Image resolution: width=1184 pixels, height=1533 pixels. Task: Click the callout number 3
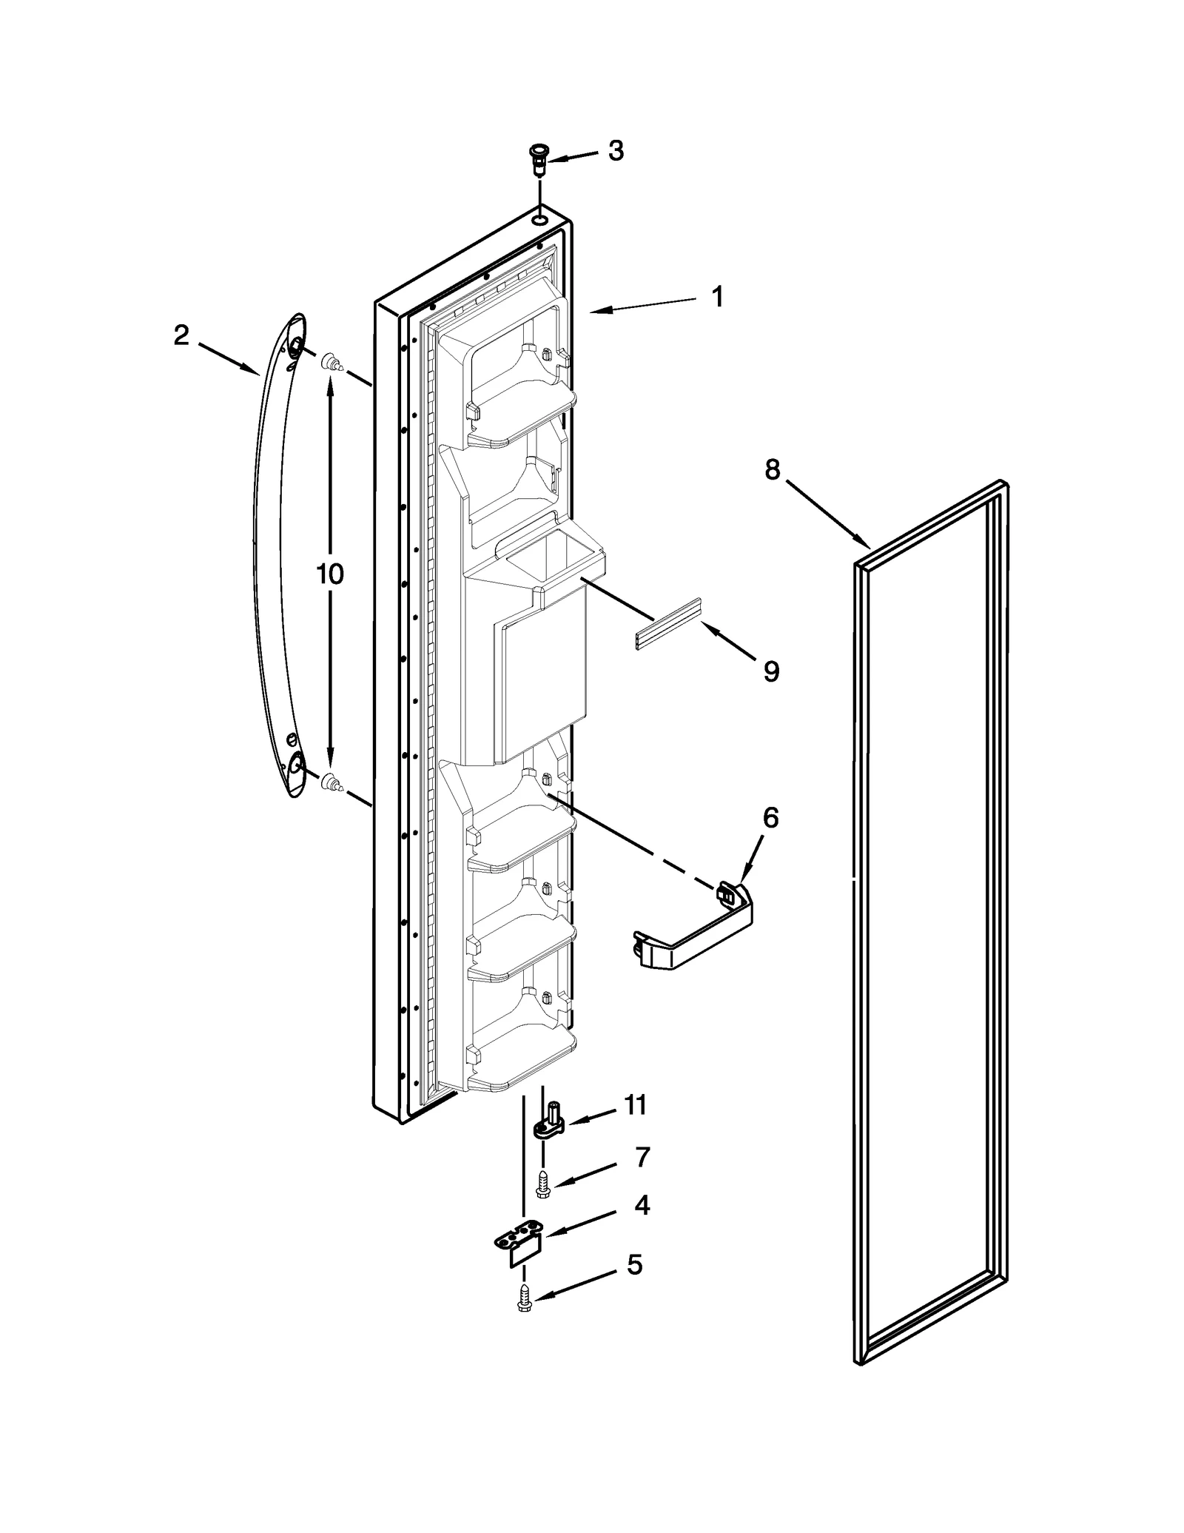(x=616, y=151)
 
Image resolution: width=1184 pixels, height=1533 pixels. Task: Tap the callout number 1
(x=716, y=297)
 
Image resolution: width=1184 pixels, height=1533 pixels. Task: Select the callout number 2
(x=181, y=336)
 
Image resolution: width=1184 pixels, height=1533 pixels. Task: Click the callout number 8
(x=772, y=469)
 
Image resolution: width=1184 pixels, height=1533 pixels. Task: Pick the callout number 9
(x=771, y=671)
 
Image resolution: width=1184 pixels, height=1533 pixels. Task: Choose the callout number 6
(x=770, y=818)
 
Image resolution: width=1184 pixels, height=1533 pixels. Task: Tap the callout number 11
(x=635, y=1125)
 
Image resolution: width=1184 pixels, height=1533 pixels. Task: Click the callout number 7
(x=642, y=1177)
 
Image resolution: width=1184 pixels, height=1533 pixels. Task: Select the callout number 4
(x=642, y=1227)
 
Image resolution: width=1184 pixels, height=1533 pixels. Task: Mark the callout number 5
(x=634, y=1286)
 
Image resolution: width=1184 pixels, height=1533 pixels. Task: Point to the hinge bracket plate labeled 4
(x=521, y=1245)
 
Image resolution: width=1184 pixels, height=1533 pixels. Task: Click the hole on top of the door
(x=541, y=220)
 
